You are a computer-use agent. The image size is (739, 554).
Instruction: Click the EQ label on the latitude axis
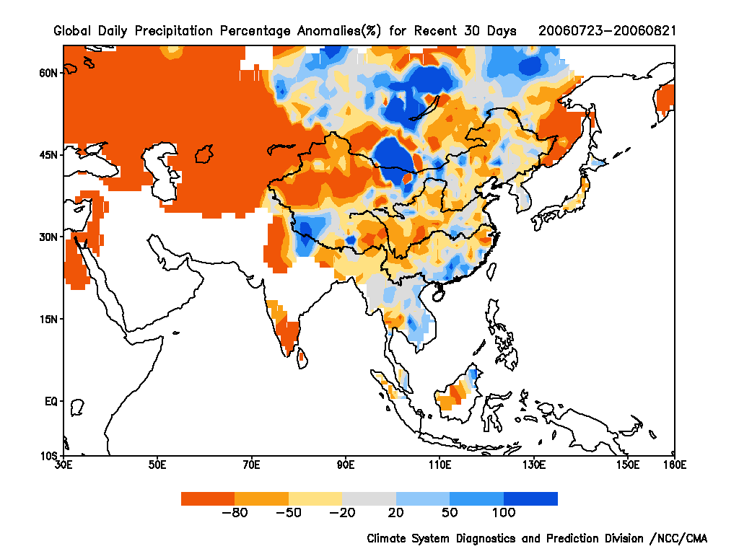(51, 402)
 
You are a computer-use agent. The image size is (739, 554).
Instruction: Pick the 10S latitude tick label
(49, 456)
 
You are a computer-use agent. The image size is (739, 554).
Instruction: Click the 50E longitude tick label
(157, 465)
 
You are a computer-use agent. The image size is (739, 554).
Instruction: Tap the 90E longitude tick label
(346, 465)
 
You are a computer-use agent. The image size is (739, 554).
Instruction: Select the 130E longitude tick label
(534, 465)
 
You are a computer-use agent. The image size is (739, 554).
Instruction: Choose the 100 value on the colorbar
(504, 513)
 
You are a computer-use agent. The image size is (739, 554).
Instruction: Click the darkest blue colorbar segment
(530, 498)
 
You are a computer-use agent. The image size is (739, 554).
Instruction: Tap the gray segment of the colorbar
(369, 498)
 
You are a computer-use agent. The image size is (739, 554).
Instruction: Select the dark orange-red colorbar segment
(208, 498)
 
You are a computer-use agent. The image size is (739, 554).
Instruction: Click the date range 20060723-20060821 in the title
(607, 31)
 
